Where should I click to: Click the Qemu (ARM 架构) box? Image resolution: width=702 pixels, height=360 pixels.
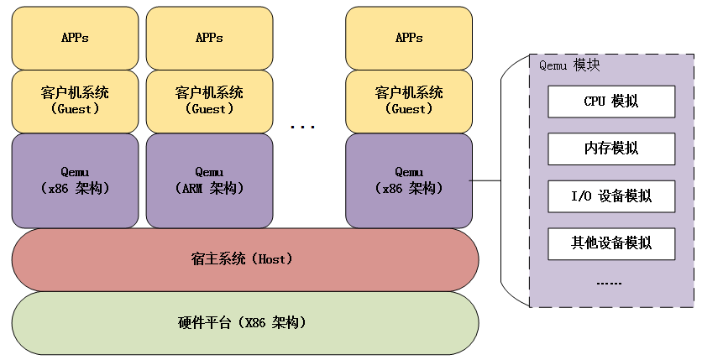[x=209, y=180]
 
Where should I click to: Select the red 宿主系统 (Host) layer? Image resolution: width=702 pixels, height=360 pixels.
[x=245, y=259]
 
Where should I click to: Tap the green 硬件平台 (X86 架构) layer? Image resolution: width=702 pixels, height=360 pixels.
[x=245, y=322]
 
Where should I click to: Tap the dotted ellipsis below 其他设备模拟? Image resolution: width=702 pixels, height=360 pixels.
[x=609, y=284]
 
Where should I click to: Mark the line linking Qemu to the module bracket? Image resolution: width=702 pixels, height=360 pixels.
[x=485, y=180]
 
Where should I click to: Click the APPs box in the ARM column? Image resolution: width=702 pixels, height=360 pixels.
[x=209, y=38]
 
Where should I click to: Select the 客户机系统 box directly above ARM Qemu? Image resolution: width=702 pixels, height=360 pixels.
[x=209, y=101]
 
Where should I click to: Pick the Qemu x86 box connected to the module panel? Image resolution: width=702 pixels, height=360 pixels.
[x=408, y=180]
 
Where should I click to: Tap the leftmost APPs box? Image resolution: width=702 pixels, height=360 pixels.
[x=75, y=38]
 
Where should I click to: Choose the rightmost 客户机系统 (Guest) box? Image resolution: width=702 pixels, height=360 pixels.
[x=408, y=101]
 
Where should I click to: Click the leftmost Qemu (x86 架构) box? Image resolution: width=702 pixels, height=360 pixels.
[x=75, y=180]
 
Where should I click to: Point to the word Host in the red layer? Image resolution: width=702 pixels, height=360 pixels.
[x=271, y=259]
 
